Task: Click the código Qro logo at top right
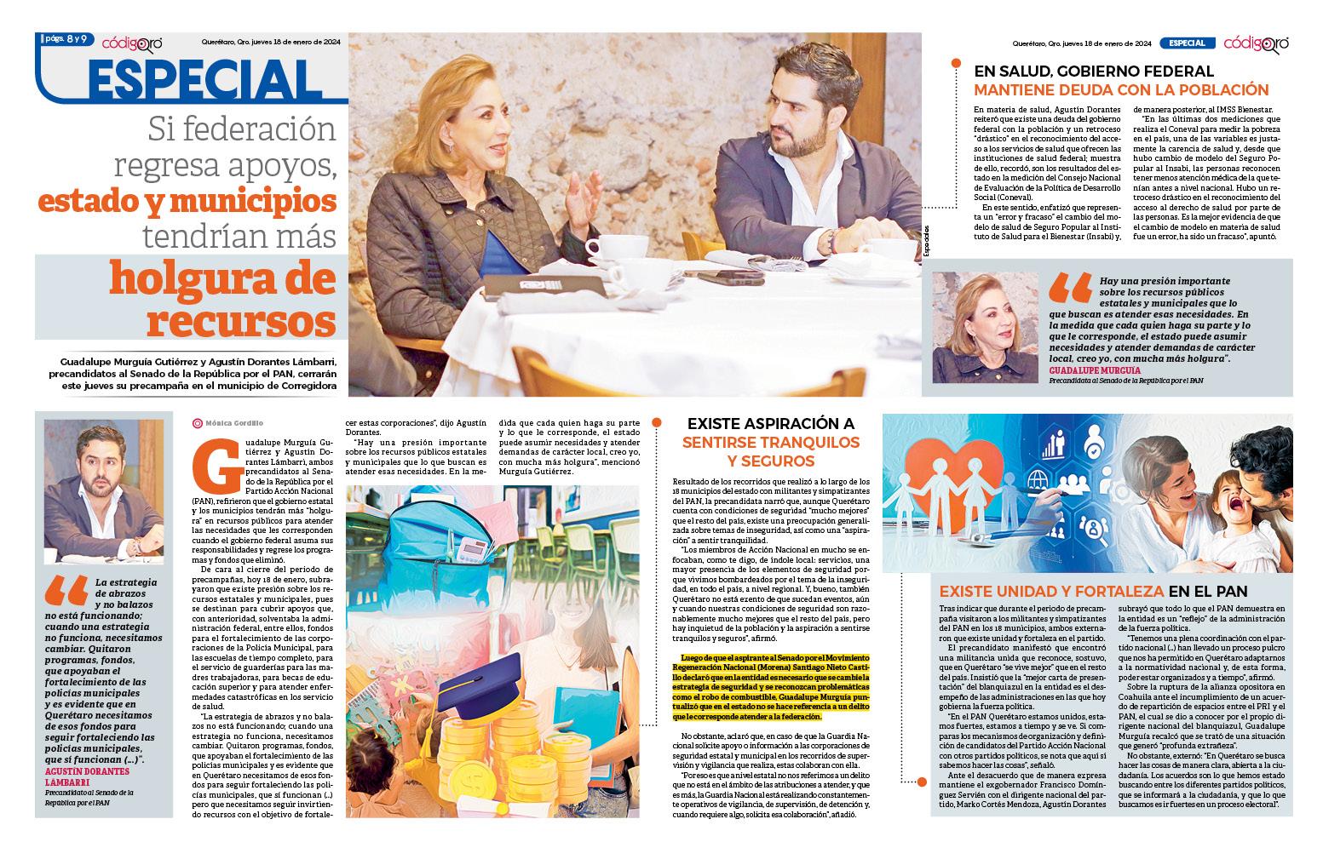[1257, 43]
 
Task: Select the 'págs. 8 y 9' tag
[63, 39]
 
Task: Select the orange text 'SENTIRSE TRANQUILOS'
[772, 442]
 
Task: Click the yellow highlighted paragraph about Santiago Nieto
[772, 688]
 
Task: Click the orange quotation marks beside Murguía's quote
[1069, 289]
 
